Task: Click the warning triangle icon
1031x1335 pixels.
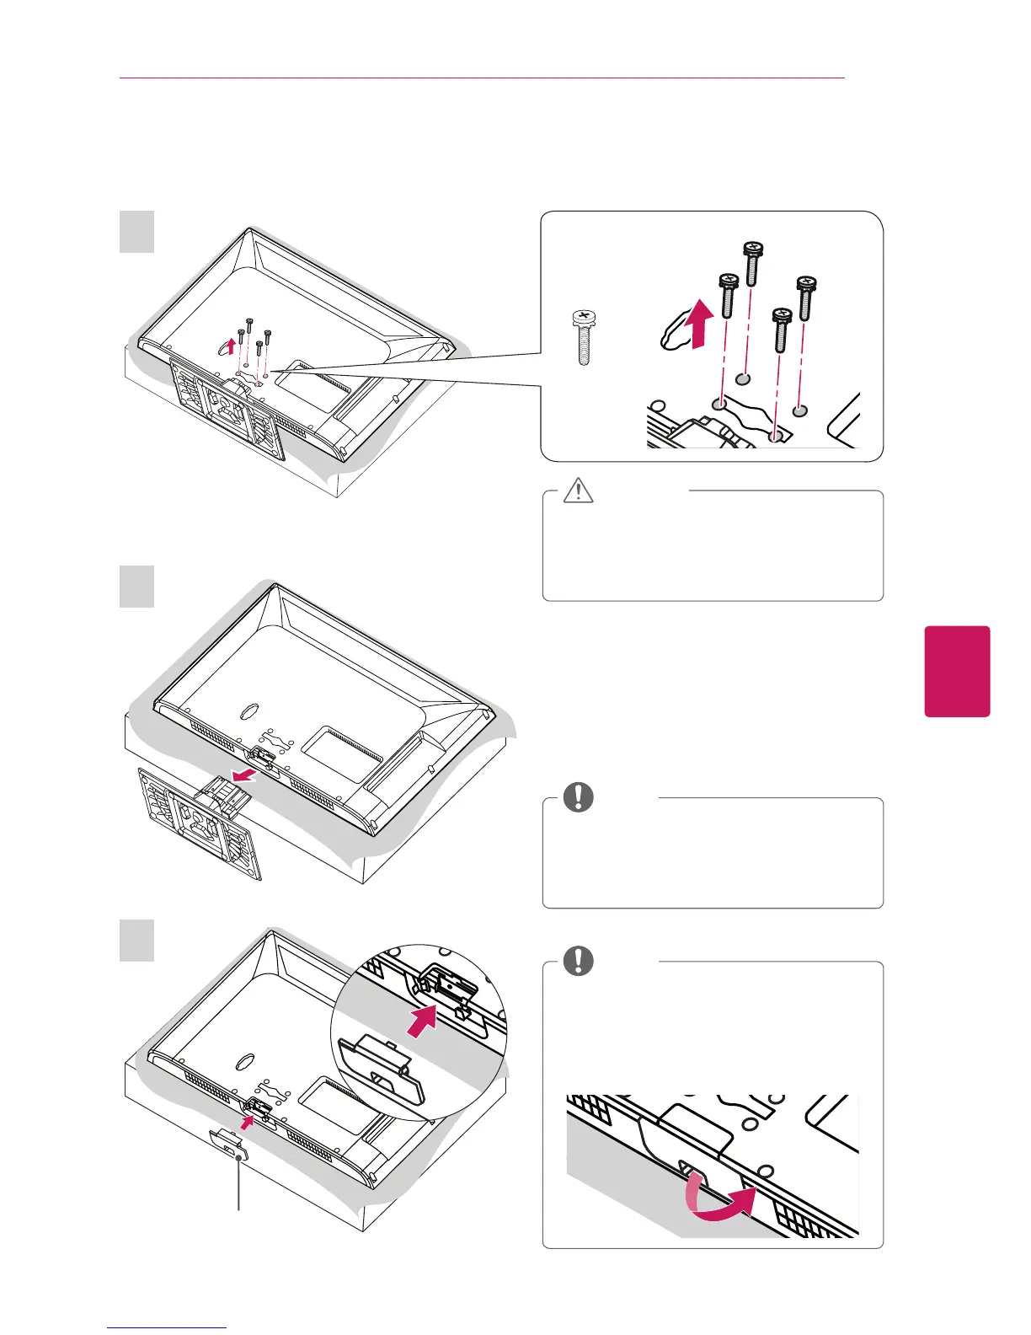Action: pos(578,490)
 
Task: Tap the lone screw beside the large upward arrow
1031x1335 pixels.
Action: pos(582,336)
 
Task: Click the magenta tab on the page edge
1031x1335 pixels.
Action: pos(957,671)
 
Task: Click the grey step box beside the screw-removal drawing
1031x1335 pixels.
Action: pos(136,232)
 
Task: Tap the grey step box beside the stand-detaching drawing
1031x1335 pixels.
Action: pos(136,587)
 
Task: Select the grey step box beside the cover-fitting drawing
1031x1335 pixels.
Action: pos(136,941)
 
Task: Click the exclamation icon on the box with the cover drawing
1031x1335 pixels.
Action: pos(578,961)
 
